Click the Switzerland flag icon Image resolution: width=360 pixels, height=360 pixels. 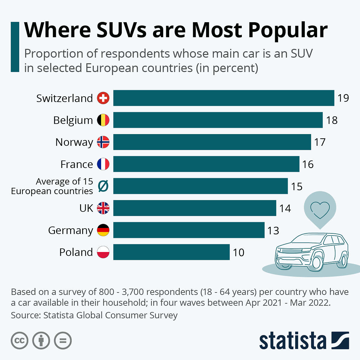[x=103, y=98]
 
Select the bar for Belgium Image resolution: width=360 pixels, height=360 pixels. [x=218, y=120]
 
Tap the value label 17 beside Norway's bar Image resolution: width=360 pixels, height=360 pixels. [x=320, y=142]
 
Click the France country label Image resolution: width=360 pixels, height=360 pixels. [x=76, y=164]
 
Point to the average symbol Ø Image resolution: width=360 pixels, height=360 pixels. [x=103, y=187]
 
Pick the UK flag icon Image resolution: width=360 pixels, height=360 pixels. [x=103, y=208]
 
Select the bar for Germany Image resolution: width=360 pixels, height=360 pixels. [x=189, y=230]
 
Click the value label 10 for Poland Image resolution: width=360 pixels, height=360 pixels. [x=238, y=252]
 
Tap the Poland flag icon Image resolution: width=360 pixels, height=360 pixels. [x=103, y=252]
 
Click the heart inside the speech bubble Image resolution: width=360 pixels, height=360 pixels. [x=320, y=209]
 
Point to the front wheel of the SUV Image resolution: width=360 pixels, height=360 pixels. [x=316, y=262]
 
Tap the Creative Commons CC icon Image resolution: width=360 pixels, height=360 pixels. [x=19, y=340]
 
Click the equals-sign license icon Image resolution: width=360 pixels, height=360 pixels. [x=63, y=340]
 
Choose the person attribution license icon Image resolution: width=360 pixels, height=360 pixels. [x=41, y=340]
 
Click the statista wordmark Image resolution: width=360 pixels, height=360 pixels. [x=292, y=341]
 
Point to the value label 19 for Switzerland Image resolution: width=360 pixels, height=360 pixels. [x=343, y=98]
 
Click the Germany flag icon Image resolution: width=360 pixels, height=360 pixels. [x=103, y=230]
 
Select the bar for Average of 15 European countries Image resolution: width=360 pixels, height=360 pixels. [x=200, y=186]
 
